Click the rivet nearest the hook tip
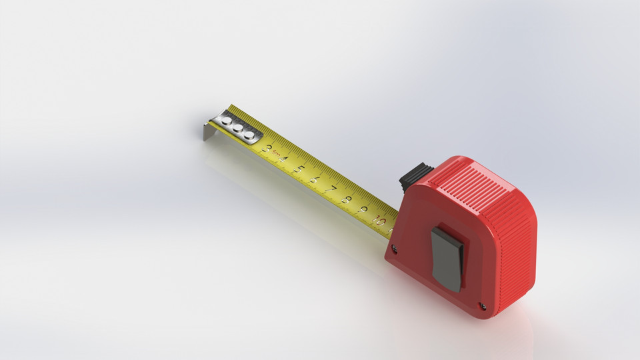pos(227,121)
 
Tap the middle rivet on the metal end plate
pos(237,128)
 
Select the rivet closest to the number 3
pos(249,135)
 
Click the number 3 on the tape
pos(268,149)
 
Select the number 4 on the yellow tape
pos(283,159)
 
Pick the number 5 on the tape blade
pos(299,169)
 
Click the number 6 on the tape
pos(315,179)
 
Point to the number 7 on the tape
pos(331,189)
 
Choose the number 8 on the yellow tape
pos(347,199)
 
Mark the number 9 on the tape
pos(363,209)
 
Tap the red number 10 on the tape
pos(380,220)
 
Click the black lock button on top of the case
pos(415,176)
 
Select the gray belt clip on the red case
pos(447,257)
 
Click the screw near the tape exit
pos(395,249)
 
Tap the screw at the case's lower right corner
pos(482,307)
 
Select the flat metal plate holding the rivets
pos(237,127)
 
